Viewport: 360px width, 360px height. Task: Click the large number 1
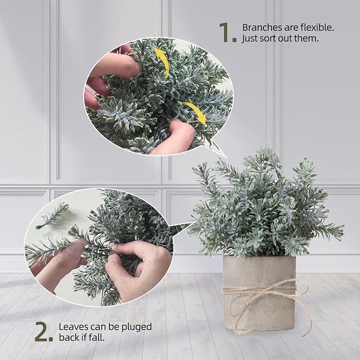(x=226, y=33)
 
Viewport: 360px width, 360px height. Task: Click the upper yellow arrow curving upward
(x=162, y=62)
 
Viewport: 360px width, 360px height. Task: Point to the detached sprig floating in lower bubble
(x=52, y=215)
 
